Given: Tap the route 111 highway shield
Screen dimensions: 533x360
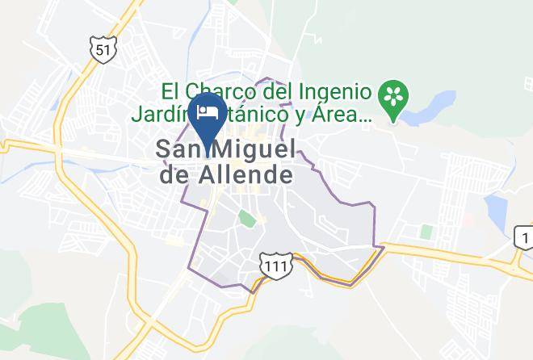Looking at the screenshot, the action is pos(272,264).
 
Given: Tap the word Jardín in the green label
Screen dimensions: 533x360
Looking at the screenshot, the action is pos(163,115).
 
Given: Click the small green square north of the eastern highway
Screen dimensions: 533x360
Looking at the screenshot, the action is pos(426,232).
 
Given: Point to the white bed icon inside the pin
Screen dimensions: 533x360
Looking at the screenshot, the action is pos(207,111).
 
